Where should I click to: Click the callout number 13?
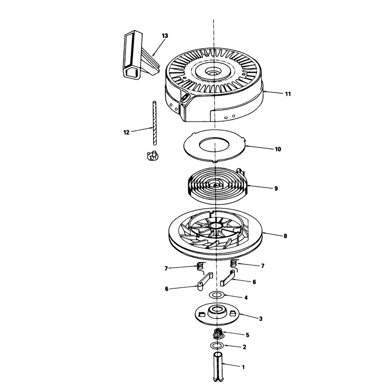(165, 35)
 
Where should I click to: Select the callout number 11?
(288, 94)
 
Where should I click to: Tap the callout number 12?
(126, 132)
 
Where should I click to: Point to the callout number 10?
(278, 149)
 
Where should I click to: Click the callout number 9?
(276, 189)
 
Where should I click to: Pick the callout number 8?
(285, 236)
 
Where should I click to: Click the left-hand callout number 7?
(166, 268)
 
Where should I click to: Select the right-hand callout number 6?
(254, 282)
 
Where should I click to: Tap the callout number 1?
(243, 367)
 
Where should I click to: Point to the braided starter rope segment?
(155, 123)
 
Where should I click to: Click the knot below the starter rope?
(153, 156)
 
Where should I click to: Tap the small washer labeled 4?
(217, 295)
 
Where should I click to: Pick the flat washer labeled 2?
(216, 345)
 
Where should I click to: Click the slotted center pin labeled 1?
(218, 367)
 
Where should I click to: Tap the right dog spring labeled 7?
(234, 264)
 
